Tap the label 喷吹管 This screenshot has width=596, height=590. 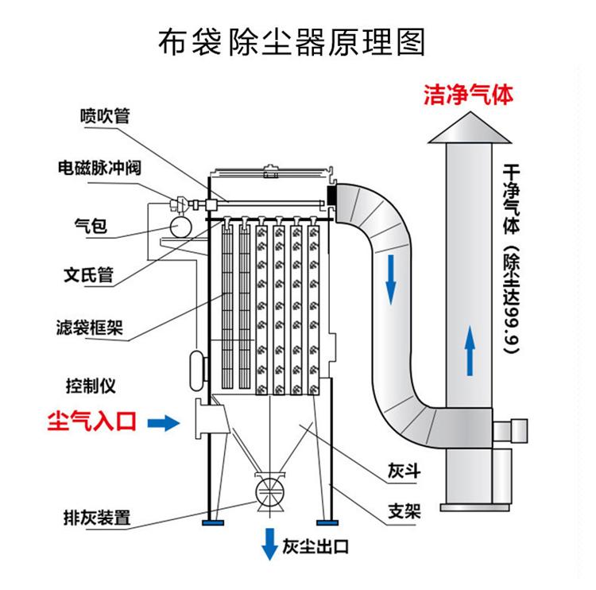(x=104, y=115)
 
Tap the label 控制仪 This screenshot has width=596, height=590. (x=91, y=386)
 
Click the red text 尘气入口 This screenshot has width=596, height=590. (x=93, y=421)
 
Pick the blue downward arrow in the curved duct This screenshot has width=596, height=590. (x=390, y=283)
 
